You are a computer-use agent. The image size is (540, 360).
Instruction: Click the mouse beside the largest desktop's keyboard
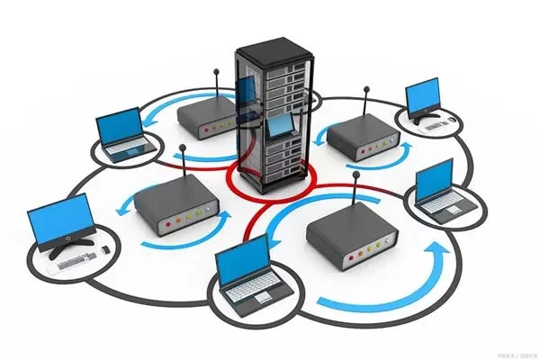106,248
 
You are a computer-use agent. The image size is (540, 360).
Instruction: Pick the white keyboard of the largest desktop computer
71,260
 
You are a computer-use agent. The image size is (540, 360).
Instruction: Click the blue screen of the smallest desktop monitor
422,96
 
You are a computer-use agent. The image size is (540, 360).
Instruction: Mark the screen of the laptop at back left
120,126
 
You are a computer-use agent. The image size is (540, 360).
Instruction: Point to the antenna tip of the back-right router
366,88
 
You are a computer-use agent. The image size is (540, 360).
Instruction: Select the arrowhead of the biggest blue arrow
441,256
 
